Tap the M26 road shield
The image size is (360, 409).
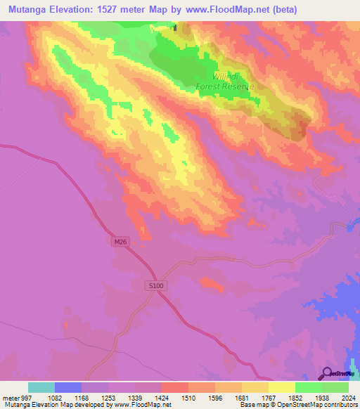point(121,242)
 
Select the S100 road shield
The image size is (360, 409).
point(156,285)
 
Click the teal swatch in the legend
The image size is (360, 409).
point(41,387)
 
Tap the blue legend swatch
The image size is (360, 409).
point(68,387)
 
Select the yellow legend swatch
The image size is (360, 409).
point(282,387)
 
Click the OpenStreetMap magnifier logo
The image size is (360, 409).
point(327,373)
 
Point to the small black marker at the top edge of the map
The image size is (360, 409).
point(176,28)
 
